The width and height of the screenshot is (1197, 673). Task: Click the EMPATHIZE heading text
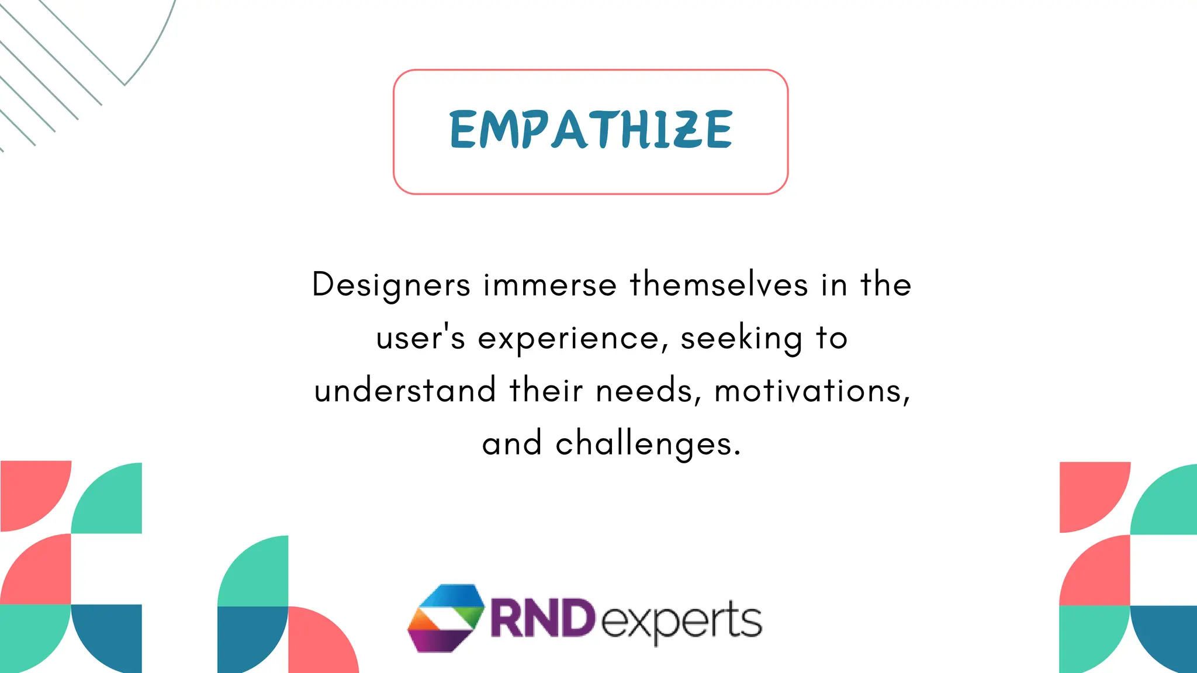point(590,130)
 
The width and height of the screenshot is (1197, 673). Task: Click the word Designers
point(391,285)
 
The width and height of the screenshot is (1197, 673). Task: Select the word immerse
point(550,285)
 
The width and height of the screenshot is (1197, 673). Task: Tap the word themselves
point(719,285)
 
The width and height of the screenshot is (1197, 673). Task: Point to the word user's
point(420,338)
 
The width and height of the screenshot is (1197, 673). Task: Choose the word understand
point(405,390)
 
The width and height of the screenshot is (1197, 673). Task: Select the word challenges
point(648,444)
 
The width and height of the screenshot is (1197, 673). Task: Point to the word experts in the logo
point(681,620)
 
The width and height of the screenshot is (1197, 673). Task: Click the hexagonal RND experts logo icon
point(446,618)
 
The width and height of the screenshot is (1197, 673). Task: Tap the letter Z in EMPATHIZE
point(685,130)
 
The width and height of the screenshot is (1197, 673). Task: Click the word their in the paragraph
point(546,390)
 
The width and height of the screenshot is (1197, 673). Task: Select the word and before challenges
point(512,444)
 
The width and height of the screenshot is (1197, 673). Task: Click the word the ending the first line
point(886,285)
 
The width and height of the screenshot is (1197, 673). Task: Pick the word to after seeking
point(832,338)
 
